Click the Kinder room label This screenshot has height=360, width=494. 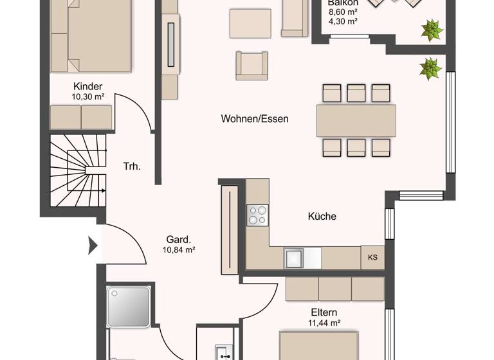(88, 87)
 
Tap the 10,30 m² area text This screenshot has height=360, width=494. (88, 98)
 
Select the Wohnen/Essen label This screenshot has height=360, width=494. (255, 119)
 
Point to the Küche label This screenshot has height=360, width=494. (322, 217)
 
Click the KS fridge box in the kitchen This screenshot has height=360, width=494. (372, 258)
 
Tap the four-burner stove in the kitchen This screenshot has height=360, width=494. (258, 214)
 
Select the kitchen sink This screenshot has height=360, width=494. (295, 258)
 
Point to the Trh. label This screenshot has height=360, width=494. (132, 166)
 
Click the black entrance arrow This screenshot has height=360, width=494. (91, 245)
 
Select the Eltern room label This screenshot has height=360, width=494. (324, 312)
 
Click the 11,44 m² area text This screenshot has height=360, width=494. (325, 323)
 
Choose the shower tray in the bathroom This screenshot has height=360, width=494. (129, 306)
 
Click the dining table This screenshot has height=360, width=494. (356, 120)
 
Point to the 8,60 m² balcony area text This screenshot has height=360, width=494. (343, 12)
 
